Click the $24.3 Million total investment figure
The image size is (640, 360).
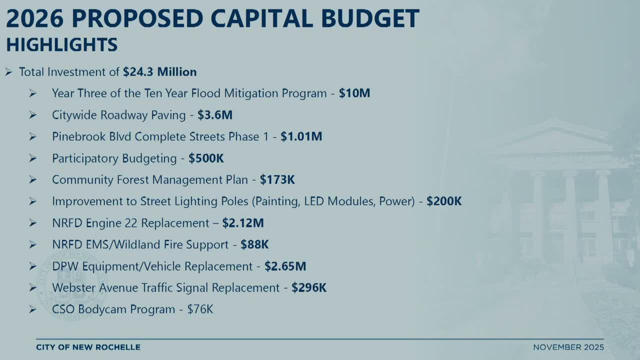[159, 72]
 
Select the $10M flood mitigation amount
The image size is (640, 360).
[354, 93]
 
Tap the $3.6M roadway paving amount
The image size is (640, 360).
[215, 115]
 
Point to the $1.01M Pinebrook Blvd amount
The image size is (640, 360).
[301, 136]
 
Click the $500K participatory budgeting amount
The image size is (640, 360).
[206, 158]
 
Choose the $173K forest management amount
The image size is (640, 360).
[277, 179]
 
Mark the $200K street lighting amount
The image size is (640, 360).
[444, 201]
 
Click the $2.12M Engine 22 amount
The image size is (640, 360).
[243, 223]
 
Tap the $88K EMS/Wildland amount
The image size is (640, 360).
[254, 244]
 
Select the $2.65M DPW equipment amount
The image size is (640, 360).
[285, 266]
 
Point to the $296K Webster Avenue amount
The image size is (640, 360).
[309, 287]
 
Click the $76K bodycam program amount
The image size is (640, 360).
[200, 309]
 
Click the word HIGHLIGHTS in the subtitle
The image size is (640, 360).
[61, 44]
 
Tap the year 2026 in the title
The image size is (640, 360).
[35, 18]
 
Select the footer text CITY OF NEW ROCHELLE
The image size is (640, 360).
[88, 347]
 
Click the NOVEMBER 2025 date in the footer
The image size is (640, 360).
[568, 347]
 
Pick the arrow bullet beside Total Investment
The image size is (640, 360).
[8, 72]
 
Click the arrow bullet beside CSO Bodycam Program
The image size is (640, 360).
[32, 309]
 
